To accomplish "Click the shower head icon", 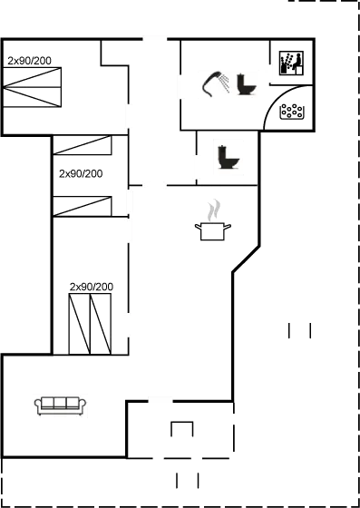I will (215, 84).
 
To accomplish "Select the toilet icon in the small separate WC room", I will (227, 159).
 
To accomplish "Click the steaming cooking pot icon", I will (212, 223).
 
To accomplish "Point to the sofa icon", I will (60, 405).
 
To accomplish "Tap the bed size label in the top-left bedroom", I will (30, 61).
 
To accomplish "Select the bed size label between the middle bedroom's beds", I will (80, 172).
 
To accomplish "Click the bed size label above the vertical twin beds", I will (92, 287).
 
